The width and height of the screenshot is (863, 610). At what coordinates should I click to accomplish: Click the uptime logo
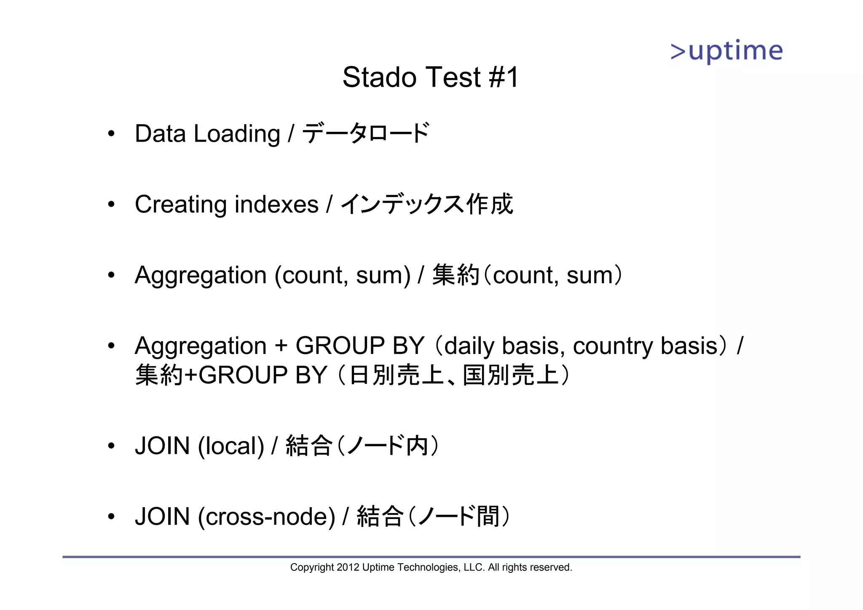click(x=726, y=51)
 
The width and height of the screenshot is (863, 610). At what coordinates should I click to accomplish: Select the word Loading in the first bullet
click(x=237, y=134)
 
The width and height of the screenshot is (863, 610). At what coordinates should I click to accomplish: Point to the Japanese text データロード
click(x=366, y=133)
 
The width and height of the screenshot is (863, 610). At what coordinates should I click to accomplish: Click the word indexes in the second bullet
click(x=276, y=205)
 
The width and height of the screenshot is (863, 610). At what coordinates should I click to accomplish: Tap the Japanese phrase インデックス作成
click(x=426, y=204)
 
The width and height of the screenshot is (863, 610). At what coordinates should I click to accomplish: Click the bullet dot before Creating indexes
click(x=111, y=205)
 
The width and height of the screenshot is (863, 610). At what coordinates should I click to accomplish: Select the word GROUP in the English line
click(x=340, y=346)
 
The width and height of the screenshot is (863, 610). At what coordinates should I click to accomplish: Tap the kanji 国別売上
click(x=511, y=375)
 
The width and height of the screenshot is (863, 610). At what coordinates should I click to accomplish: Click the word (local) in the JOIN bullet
click(x=231, y=446)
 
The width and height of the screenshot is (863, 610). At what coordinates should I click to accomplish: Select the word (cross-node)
click(x=267, y=517)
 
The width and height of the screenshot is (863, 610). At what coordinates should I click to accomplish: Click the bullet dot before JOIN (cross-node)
click(x=111, y=517)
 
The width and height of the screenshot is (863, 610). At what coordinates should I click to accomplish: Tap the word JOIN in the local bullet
click(x=162, y=446)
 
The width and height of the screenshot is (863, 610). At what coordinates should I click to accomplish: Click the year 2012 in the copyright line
click(x=348, y=567)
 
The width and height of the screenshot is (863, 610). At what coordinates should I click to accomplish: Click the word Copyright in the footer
click(x=312, y=567)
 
